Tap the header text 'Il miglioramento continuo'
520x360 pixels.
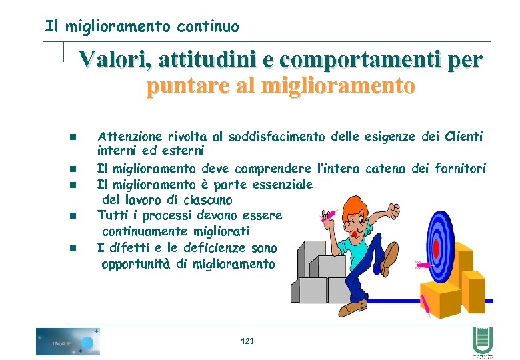pos(141,27)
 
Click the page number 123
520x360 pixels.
pos(247,341)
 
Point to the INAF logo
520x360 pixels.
pos(67,341)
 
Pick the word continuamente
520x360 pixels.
pos(141,231)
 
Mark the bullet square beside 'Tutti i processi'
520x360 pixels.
pos(73,216)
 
